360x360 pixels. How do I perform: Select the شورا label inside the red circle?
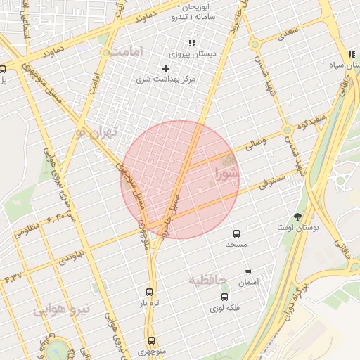coord(227,172)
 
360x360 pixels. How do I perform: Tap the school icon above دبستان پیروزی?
coord(192,44)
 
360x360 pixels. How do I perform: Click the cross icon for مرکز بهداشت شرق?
coord(165,68)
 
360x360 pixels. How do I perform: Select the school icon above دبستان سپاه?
coord(351,56)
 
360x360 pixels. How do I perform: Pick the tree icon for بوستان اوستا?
coord(297,217)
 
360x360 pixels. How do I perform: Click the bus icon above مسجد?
coord(236,233)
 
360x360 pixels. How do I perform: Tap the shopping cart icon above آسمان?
coord(248,271)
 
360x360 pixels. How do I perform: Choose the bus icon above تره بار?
coord(148,291)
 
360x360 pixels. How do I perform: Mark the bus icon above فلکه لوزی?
coord(225,297)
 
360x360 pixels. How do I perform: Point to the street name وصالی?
coord(255,146)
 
